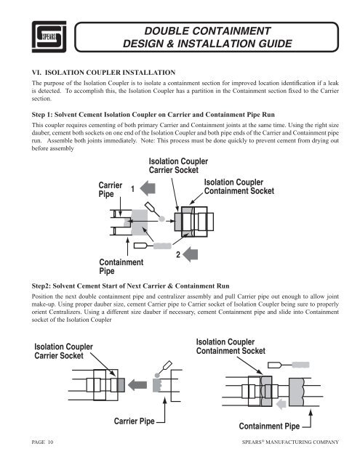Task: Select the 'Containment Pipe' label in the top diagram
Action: (121, 265)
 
